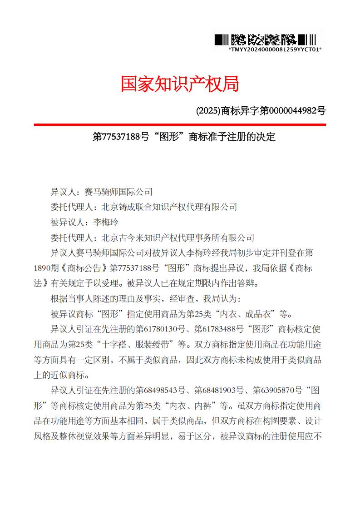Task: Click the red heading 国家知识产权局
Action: pyautogui.click(x=180, y=84)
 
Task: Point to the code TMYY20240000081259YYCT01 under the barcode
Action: pyautogui.click(x=275, y=50)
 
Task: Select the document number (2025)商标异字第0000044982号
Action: pyautogui.click(x=261, y=110)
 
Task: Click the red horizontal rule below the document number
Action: pyautogui.click(x=180, y=124)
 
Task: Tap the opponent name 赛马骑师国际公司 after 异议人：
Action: pyautogui.click(x=115, y=191)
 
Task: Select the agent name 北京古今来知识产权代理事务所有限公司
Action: pyautogui.click(x=178, y=238)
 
